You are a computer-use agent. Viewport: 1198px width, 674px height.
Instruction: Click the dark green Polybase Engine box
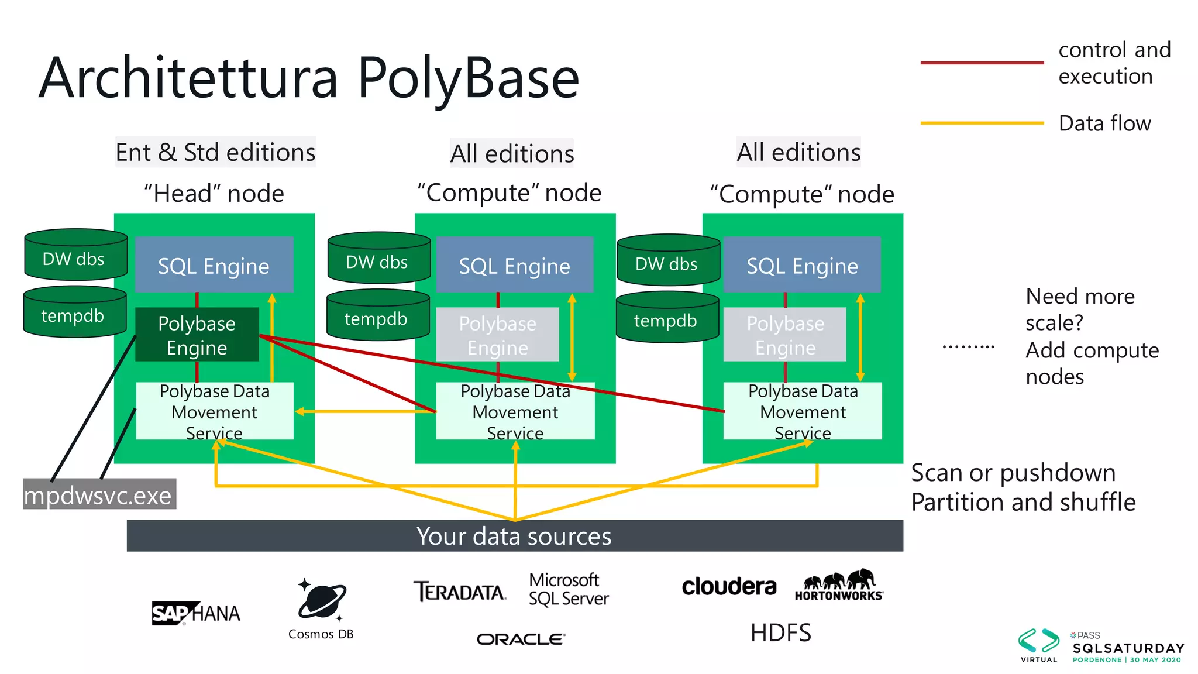pos(197,334)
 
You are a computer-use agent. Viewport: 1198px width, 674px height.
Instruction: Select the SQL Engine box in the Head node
pos(214,264)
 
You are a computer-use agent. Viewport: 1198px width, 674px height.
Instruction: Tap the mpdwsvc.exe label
pos(99,494)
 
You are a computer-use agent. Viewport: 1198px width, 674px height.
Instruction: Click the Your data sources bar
pos(515,535)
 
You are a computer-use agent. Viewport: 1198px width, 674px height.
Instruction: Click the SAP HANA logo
pos(196,613)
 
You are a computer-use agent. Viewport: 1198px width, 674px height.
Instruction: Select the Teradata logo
pos(460,592)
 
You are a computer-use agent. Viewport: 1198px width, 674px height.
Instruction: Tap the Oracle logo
pos(521,639)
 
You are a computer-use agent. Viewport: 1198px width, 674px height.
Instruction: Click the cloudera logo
pos(729,586)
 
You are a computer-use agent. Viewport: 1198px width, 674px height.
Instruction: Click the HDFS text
pos(780,632)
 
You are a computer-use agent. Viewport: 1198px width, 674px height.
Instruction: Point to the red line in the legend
pos(982,62)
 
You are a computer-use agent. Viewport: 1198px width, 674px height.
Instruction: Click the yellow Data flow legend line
pos(982,123)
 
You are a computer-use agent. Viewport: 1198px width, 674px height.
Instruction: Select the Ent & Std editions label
pos(215,152)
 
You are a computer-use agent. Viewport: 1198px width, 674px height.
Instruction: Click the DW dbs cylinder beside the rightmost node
pos(667,261)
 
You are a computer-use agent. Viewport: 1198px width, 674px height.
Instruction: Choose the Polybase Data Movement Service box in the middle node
pos(515,411)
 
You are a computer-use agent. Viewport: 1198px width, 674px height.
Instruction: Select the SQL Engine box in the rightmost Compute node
pos(802,264)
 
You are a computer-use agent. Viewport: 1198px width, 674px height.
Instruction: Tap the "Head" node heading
pos(214,193)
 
